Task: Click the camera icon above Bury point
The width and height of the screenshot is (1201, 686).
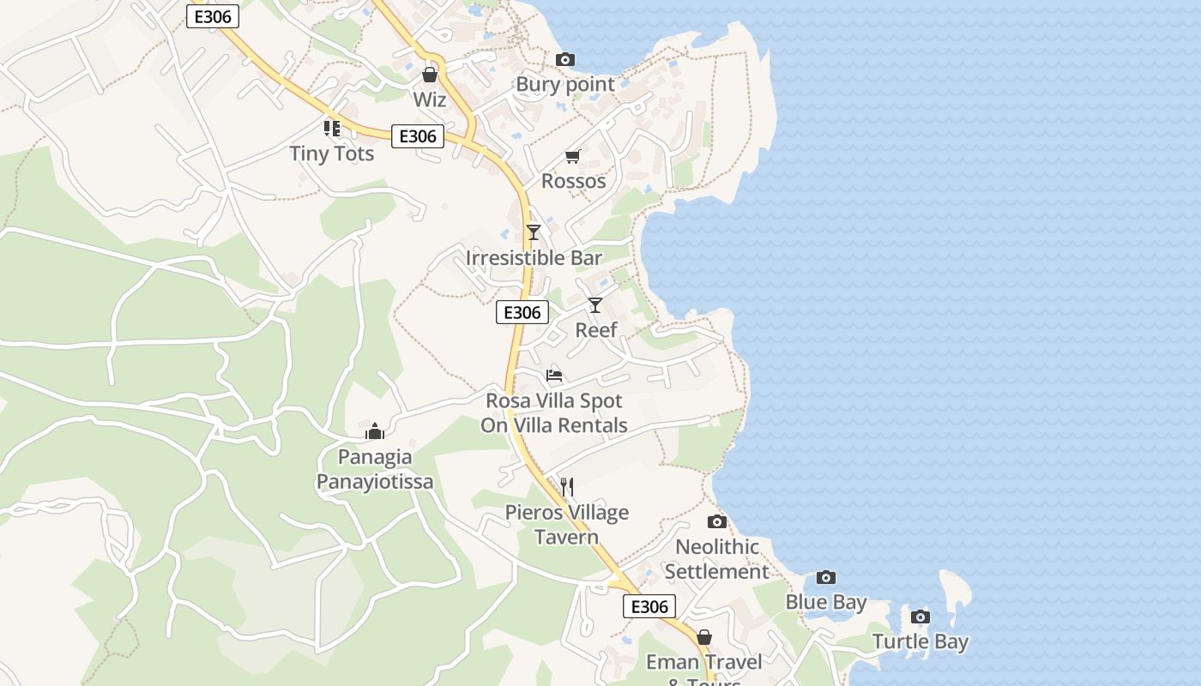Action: point(564,60)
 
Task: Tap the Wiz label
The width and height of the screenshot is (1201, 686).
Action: point(430,100)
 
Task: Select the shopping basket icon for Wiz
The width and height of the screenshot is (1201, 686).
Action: point(430,75)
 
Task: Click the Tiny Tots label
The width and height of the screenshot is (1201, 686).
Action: point(332,153)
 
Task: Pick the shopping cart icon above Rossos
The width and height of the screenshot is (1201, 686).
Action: point(573,156)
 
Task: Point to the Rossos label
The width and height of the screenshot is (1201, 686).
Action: point(573,181)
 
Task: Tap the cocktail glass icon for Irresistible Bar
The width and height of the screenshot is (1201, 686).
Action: point(534,232)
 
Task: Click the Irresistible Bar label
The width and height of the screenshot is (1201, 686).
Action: point(534,258)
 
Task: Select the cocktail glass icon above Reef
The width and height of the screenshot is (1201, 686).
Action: point(595,305)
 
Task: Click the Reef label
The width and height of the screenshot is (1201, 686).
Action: point(595,330)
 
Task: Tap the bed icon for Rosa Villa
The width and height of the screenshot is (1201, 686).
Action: point(554,376)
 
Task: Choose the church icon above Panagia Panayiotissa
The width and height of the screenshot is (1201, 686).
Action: point(375,431)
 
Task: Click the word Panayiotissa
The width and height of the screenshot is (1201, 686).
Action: point(375,482)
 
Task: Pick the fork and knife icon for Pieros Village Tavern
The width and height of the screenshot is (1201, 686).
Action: point(566,487)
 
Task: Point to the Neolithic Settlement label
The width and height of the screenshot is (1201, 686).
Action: point(717,559)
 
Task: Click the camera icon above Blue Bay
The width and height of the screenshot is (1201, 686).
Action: point(826,578)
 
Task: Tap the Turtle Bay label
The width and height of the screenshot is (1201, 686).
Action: point(920,641)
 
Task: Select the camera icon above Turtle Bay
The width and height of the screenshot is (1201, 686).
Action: point(920,617)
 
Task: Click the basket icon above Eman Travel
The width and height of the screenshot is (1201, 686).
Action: point(704,637)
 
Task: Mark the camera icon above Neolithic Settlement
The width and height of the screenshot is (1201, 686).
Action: point(717,522)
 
